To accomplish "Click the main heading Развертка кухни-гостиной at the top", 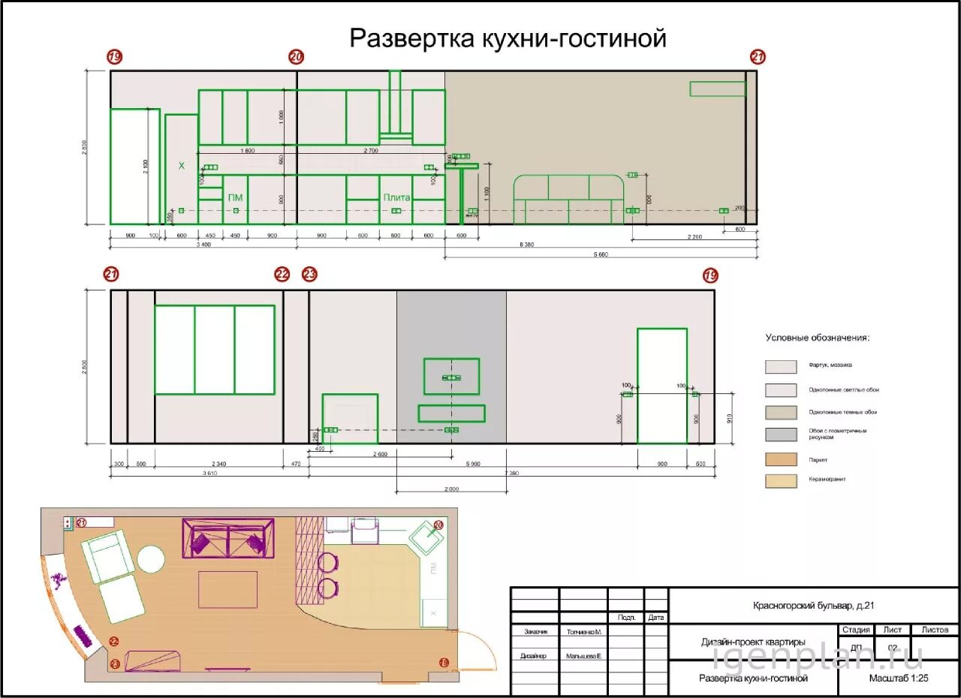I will point(508,38).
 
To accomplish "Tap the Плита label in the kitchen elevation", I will point(396,197).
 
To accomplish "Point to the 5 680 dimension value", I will point(600,254).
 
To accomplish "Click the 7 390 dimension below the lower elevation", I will point(511,474).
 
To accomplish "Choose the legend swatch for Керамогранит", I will point(781,481).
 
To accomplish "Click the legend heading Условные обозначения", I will point(817,338).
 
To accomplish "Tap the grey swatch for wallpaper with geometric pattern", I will point(781,435).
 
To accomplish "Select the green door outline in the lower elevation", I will point(661,386).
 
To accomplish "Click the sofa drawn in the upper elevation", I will point(568,199).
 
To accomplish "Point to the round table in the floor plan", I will point(150,559).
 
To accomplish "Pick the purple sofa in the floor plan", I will point(227,537).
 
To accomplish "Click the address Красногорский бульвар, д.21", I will point(814,606).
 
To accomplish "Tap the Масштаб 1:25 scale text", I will point(899,678).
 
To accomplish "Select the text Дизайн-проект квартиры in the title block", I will point(753,642).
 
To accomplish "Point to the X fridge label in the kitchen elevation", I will point(181,165).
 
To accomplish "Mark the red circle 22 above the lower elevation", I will point(282,275).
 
